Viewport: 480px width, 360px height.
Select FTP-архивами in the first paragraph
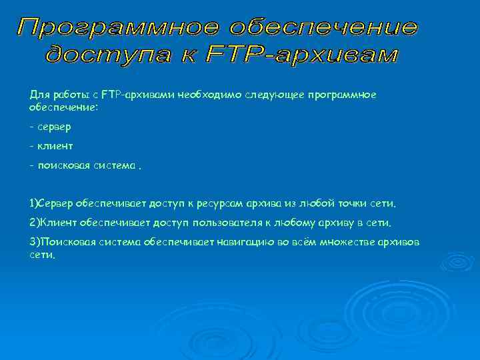pyautogui.click(x=139, y=95)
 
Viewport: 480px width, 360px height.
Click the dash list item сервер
pyautogui.click(x=55, y=126)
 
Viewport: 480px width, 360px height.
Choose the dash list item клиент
pyautogui.click(x=55, y=145)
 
